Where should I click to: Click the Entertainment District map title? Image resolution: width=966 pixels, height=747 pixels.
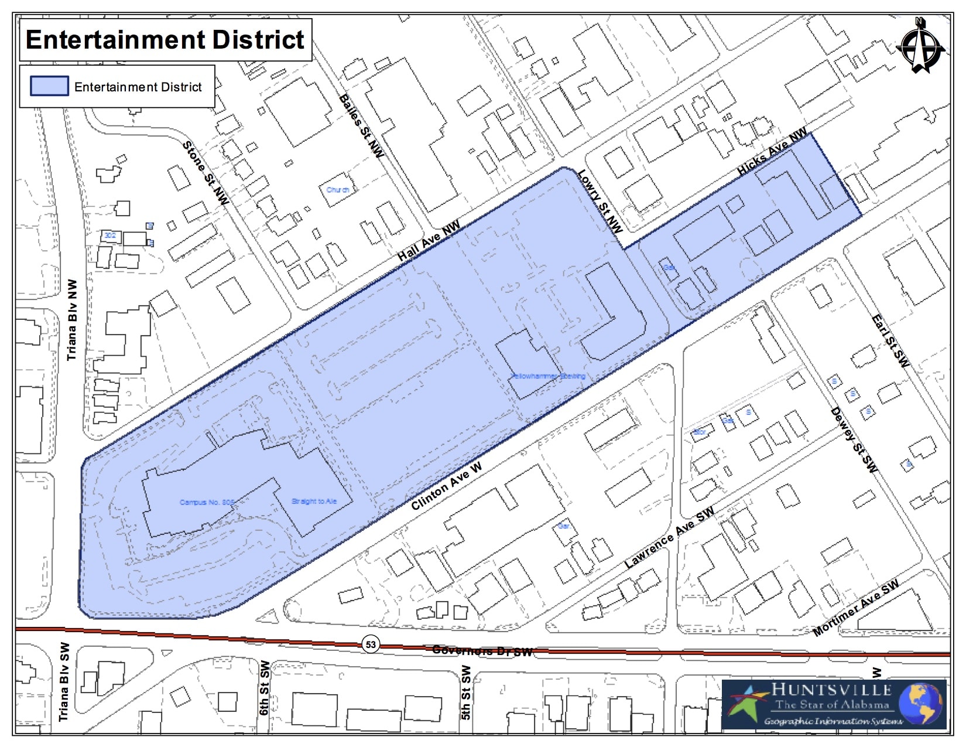165,40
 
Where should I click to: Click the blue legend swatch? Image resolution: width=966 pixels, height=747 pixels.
49,86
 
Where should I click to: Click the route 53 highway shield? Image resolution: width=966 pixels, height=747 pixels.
371,644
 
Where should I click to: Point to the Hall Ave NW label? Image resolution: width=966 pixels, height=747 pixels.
429,241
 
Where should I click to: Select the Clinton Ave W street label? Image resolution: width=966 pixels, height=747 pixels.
446,486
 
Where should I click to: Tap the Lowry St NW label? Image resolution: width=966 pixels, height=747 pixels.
600,201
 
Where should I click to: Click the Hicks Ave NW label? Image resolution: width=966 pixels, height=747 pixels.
772,151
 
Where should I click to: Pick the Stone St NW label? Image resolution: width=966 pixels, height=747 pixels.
205,173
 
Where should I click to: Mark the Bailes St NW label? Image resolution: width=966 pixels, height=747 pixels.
361,125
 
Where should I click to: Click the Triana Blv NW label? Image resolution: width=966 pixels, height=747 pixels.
71,319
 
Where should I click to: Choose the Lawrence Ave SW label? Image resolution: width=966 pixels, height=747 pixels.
669,537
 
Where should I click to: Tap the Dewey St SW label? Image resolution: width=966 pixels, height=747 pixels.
854,440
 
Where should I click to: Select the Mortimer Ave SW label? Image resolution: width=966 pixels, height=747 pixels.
855,608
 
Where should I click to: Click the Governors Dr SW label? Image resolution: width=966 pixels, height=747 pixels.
482,650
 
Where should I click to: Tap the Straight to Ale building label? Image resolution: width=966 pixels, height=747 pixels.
314,501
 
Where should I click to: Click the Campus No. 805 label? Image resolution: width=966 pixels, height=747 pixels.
207,502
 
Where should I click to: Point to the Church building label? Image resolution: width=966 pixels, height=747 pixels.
338,190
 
